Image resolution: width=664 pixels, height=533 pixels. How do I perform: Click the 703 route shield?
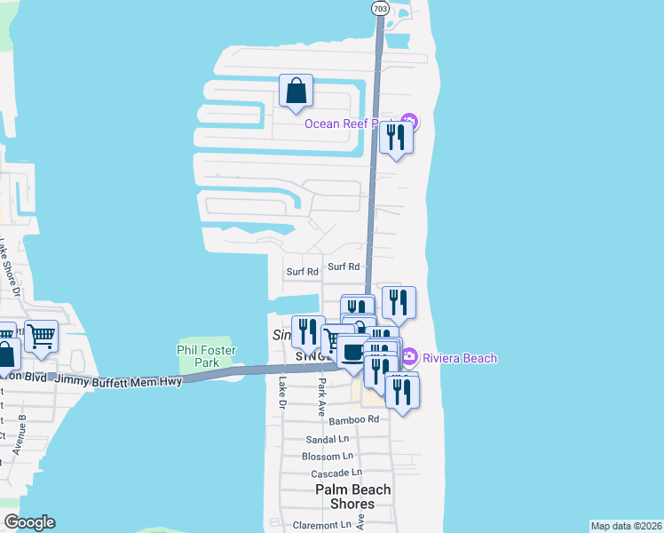click(x=379, y=8)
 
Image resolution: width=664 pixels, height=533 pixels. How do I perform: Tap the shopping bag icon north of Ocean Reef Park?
click(x=296, y=91)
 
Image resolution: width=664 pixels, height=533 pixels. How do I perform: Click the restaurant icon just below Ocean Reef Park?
click(x=396, y=137)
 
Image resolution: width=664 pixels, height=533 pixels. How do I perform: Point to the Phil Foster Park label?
click(x=206, y=356)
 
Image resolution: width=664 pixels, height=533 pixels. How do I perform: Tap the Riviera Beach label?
click(x=459, y=358)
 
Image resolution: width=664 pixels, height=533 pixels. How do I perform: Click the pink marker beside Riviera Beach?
click(x=409, y=358)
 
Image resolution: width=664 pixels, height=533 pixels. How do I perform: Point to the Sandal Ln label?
click(x=326, y=439)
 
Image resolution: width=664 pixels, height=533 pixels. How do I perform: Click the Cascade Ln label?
click(x=336, y=473)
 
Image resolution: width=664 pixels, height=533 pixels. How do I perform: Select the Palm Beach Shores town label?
click(x=353, y=497)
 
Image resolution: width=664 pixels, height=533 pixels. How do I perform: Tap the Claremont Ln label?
click(x=322, y=525)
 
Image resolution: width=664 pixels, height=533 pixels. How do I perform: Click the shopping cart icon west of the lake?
click(x=42, y=335)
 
